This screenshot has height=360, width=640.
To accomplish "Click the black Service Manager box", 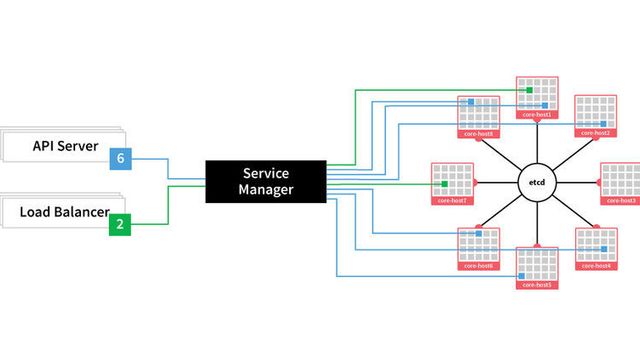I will [x=265, y=181].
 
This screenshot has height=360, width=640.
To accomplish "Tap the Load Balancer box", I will [x=60, y=212].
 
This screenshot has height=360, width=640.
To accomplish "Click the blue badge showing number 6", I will [x=120, y=158].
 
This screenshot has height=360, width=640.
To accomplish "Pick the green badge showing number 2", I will [x=120, y=224].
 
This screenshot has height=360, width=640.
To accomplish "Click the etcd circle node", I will [x=535, y=183].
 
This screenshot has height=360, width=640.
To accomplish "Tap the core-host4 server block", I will [x=598, y=249].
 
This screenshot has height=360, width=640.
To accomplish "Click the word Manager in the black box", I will [x=265, y=190].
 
